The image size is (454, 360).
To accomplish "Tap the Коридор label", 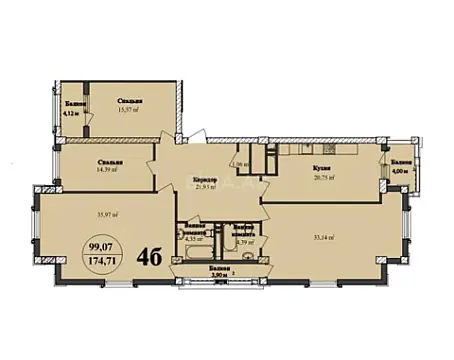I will (x=206, y=181).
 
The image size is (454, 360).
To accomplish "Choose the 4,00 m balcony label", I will (x=401, y=170).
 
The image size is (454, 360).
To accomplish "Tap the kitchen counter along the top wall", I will (x=320, y=150).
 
